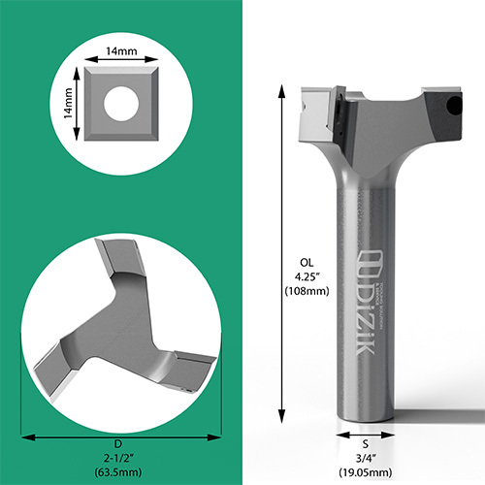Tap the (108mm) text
[x=307, y=290]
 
